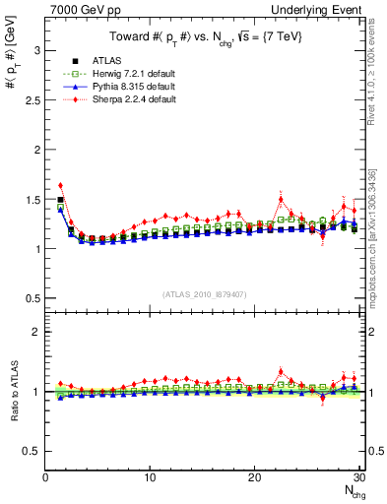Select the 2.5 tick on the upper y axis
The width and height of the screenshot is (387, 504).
tap(31, 99)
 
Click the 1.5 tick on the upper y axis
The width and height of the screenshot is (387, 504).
tap(31, 199)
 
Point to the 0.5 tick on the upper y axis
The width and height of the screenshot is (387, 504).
tap(31, 298)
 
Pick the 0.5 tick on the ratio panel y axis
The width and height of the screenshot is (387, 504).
tap(31, 451)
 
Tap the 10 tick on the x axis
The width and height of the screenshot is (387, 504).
tap(150, 477)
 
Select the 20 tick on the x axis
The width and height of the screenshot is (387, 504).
tap(254, 477)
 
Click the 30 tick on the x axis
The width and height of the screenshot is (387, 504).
tap(358, 477)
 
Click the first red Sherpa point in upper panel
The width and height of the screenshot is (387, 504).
tap(60, 185)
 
